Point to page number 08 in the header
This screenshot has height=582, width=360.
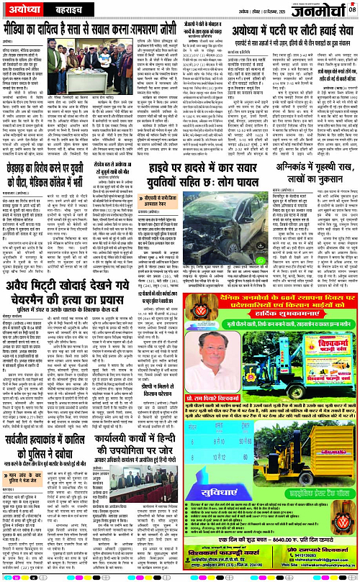pos(351,9)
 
